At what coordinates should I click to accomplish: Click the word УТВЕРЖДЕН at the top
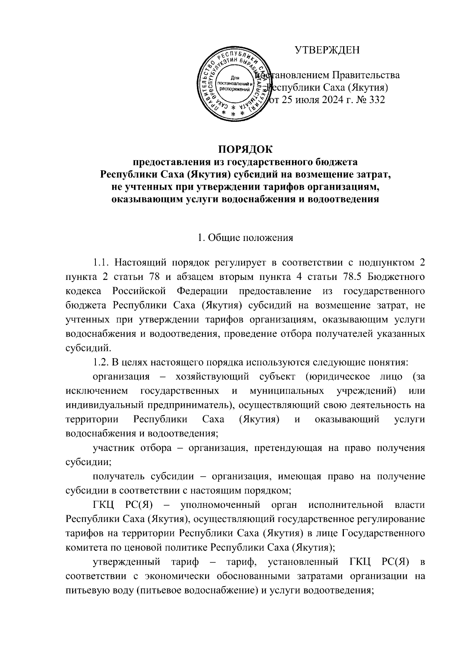click(x=327, y=50)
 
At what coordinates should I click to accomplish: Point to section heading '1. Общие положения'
click(x=245, y=238)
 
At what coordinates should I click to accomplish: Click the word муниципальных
click(x=287, y=391)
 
